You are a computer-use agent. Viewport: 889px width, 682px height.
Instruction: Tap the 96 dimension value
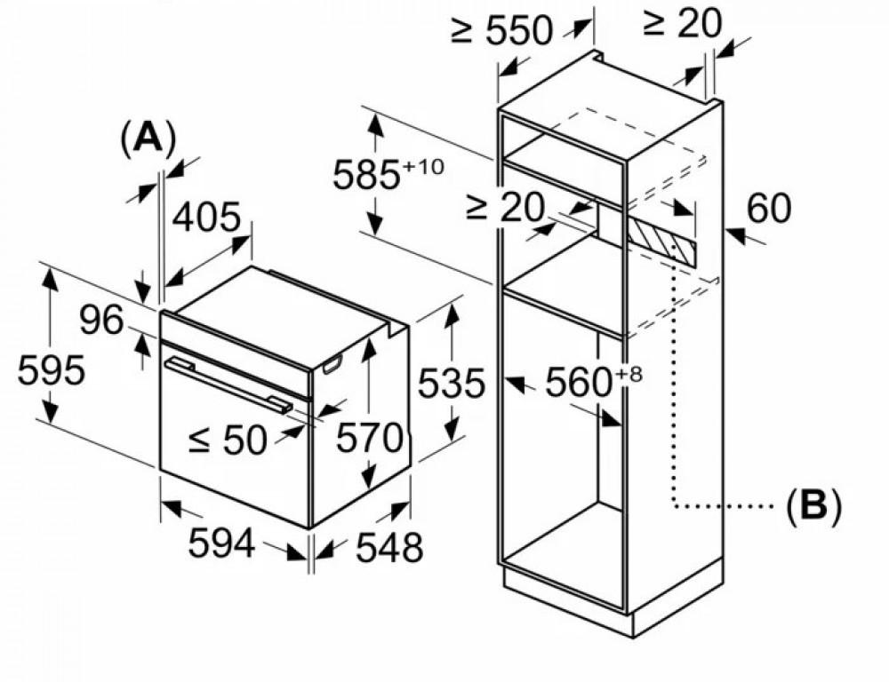[x=100, y=320]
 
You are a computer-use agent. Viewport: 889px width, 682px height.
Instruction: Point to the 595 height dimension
[x=51, y=370]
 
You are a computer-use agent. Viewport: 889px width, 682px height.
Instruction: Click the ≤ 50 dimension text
[x=228, y=439]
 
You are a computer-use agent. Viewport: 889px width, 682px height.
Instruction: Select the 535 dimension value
[x=452, y=384]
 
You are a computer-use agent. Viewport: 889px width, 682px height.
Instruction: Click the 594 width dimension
[x=221, y=543]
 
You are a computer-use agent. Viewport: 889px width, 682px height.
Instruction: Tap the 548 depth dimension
[x=389, y=549]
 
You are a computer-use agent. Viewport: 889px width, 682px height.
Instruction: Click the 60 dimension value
[x=768, y=209]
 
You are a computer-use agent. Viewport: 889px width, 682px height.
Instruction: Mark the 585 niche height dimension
[x=365, y=175]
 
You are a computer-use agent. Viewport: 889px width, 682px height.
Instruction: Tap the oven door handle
[x=228, y=385]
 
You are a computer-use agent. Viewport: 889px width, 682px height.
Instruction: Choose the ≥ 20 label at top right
[x=682, y=24]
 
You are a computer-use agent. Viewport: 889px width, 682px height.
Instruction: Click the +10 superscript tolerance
[x=422, y=166]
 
